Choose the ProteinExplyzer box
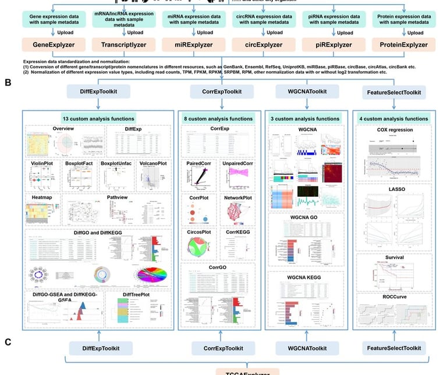pos(403,44)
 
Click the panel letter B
pos(8,83)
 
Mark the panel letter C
pos(8,342)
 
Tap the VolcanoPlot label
pos(153,164)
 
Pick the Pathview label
pos(120,197)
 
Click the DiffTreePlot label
pos(137,296)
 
